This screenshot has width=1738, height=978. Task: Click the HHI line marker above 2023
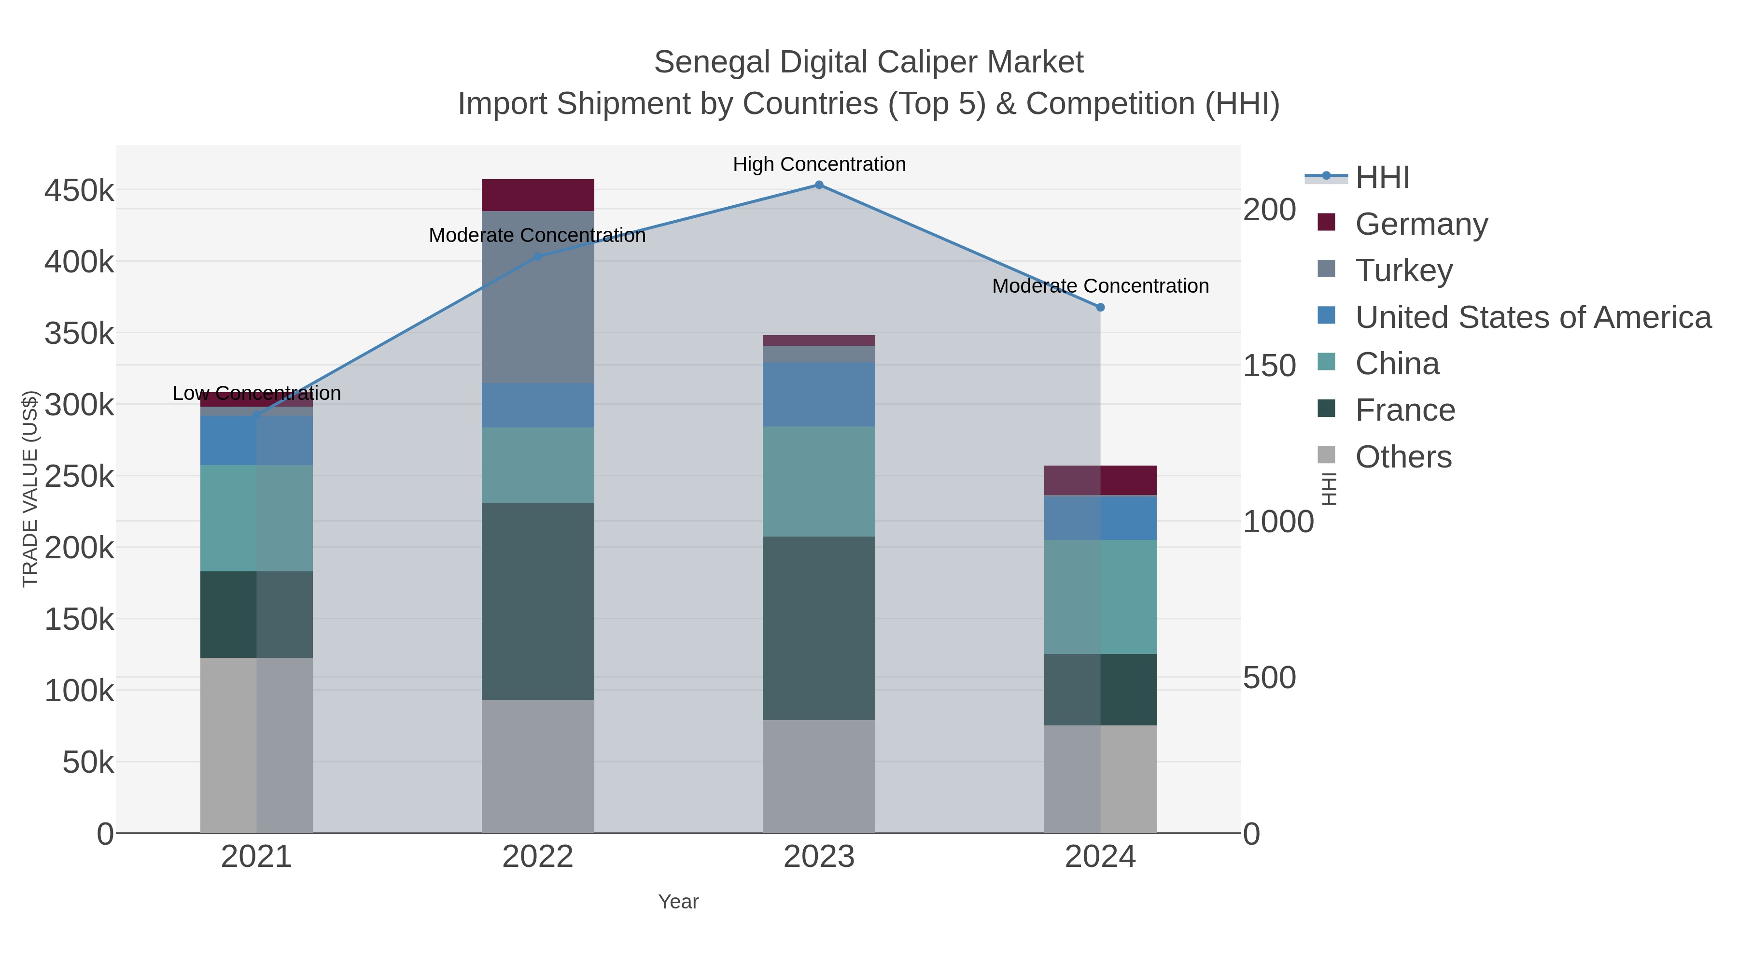pyautogui.click(x=818, y=185)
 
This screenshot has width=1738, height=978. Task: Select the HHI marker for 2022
pyautogui.click(x=538, y=256)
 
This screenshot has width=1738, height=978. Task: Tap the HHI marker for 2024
pyautogui.click(x=1100, y=307)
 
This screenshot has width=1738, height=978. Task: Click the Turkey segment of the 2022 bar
pyautogui.click(x=538, y=297)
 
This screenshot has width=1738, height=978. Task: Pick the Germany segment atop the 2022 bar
pyautogui.click(x=538, y=195)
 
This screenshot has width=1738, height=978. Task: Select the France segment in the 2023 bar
pyautogui.click(x=818, y=628)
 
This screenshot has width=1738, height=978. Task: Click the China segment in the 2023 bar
pyautogui.click(x=818, y=481)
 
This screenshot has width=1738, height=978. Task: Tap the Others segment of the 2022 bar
pyautogui.click(x=538, y=766)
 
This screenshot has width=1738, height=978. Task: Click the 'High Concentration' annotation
pyautogui.click(x=818, y=165)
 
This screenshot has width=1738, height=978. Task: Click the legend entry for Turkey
pyautogui.click(x=1403, y=270)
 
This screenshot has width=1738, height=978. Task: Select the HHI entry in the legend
pyautogui.click(x=1382, y=178)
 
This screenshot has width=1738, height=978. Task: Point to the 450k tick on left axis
pyautogui.click(x=79, y=191)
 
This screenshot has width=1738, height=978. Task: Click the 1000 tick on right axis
pyautogui.click(x=1278, y=522)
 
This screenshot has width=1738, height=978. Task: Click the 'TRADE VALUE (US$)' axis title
pyautogui.click(x=30, y=489)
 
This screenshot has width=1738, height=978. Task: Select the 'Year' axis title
pyautogui.click(x=678, y=902)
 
